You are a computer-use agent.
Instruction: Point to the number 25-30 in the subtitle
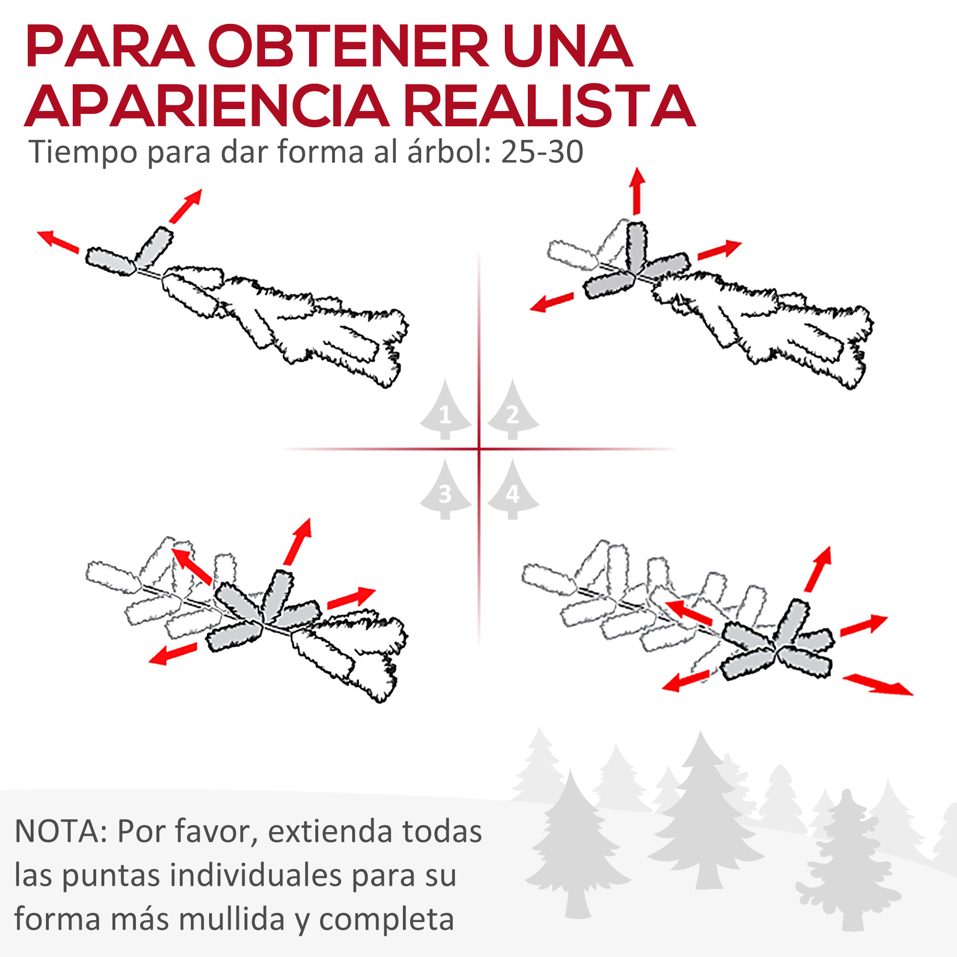[x=542, y=152]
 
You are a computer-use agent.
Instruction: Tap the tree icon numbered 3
[x=445, y=492]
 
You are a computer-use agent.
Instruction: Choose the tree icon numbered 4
[x=512, y=492]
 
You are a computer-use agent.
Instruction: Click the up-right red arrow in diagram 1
[x=186, y=206]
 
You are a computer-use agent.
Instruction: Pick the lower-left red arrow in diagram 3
[x=173, y=654]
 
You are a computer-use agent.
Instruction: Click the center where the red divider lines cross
[x=479, y=449]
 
